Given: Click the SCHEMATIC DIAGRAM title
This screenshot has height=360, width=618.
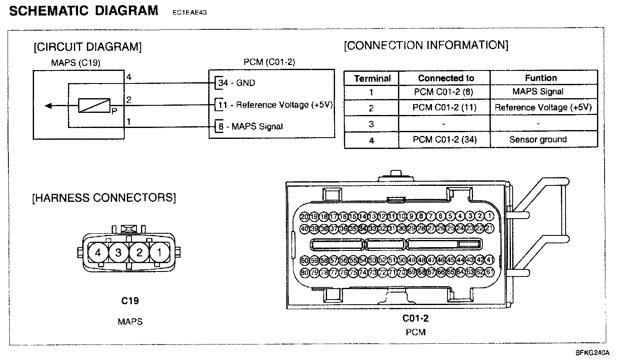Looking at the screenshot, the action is pyautogui.click(x=84, y=10).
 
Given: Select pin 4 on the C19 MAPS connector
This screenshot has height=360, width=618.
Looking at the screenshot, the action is pyautogui.click(x=98, y=253).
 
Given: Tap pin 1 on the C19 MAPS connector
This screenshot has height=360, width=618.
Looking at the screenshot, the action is pyautogui.click(x=160, y=253).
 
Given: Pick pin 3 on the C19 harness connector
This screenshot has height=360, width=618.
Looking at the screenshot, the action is pyautogui.click(x=119, y=253).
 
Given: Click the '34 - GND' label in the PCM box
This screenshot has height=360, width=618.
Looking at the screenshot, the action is pyautogui.click(x=237, y=83).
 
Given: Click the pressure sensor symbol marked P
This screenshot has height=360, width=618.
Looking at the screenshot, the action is pyautogui.click(x=94, y=106).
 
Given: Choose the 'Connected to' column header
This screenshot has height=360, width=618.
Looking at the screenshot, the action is pyautogui.click(x=446, y=78).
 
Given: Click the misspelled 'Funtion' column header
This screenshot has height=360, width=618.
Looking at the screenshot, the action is pyautogui.click(x=541, y=78).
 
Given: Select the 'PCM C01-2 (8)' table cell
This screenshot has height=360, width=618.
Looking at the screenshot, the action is pyautogui.click(x=444, y=91).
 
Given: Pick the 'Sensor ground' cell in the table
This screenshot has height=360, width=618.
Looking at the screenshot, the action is pyautogui.click(x=538, y=139).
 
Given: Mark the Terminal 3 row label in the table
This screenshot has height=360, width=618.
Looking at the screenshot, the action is pyautogui.click(x=371, y=124).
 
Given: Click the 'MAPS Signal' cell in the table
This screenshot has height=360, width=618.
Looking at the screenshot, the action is pyautogui.click(x=538, y=91).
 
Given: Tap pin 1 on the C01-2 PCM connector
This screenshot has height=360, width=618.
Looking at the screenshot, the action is pyautogui.click(x=490, y=217).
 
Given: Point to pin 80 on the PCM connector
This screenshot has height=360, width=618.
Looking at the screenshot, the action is pyautogui.click(x=304, y=273).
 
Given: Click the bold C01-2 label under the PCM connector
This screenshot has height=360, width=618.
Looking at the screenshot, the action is pyautogui.click(x=416, y=318).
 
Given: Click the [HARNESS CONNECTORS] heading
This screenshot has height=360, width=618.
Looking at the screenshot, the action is pyautogui.click(x=104, y=198).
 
